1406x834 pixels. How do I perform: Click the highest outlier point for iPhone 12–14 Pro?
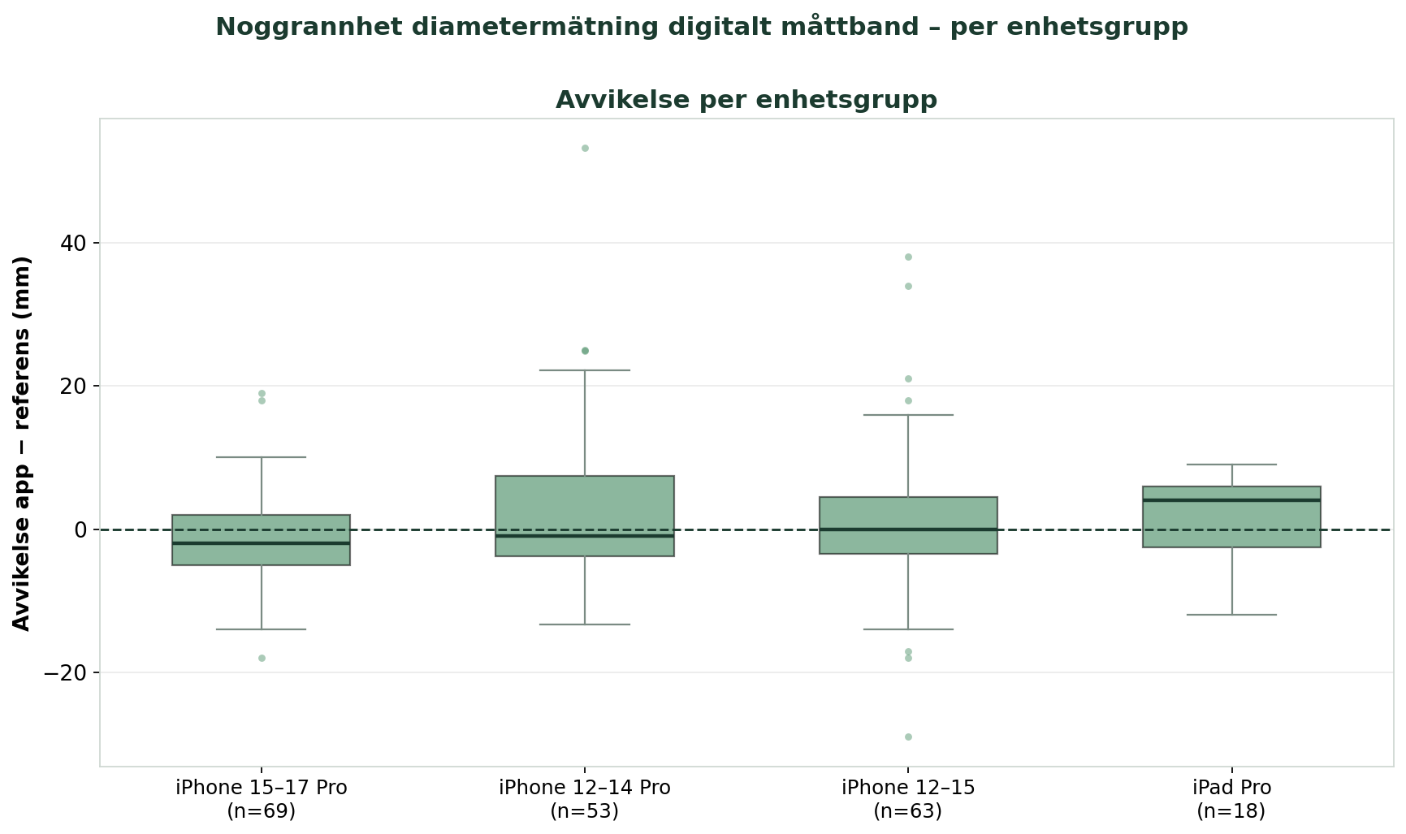click(x=585, y=149)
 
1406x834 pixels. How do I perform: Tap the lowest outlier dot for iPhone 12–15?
click(x=908, y=737)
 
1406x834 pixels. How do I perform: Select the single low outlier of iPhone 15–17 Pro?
click(x=262, y=659)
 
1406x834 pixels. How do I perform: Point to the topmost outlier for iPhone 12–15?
click(x=908, y=257)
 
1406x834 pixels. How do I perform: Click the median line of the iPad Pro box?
click(x=1231, y=500)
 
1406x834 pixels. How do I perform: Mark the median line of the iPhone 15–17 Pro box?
click(x=262, y=543)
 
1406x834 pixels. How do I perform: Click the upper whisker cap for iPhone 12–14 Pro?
click(x=585, y=370)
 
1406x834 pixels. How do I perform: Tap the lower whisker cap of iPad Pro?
click(x=1231, y=615)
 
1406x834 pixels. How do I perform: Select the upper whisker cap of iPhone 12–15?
click(x=908, y=415)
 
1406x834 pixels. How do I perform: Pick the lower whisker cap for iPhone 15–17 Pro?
click(x=262, y=629)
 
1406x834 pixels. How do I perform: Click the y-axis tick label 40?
click(x=70, y=244)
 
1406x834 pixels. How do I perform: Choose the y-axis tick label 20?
click(x=70, y=387)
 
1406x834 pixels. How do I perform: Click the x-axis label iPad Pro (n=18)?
click(x=1231, y=799)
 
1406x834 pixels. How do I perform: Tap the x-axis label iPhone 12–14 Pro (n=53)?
click(x=585, y=799)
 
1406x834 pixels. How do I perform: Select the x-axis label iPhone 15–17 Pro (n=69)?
click(x=262, y=799)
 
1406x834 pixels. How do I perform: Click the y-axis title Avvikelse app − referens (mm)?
click(x=22, y=443)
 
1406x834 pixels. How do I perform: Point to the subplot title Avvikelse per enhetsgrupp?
click(x=746, y=100)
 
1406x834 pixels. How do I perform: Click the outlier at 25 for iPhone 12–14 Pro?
click(x=585, y=351)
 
